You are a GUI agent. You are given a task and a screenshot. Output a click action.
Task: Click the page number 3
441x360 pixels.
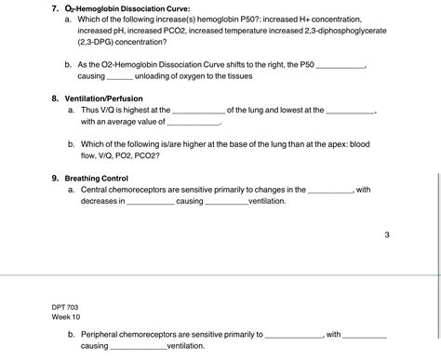click(x=386, y=234)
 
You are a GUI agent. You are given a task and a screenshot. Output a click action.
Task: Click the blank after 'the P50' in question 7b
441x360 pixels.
click(x=341, y=64)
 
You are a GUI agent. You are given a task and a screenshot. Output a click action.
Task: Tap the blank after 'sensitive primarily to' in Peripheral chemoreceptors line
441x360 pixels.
click(x=295, y=333)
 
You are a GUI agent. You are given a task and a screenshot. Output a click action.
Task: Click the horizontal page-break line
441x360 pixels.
click(x=220, y=275)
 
